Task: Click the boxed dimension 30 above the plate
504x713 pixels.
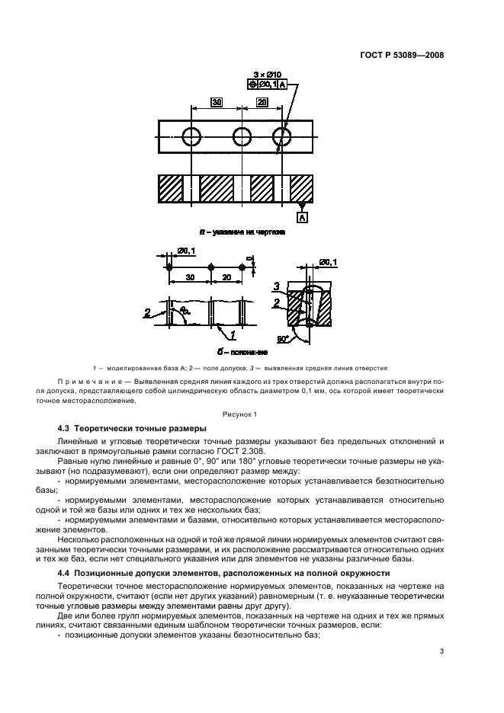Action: tap(217, 101)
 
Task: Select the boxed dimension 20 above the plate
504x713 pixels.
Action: tap(262, 101)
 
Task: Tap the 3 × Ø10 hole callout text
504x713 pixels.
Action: tap(268, 74)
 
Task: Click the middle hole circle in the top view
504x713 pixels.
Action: tap(242, 136)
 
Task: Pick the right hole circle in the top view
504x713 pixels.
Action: tap(282, 136)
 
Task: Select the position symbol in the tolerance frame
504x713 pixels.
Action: tap(253, 85)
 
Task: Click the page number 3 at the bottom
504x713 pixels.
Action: tap(441, 651)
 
